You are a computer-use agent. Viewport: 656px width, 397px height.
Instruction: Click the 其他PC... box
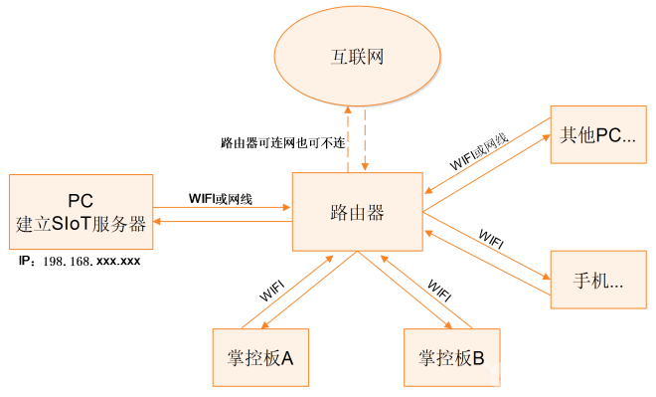(x=598, y=135)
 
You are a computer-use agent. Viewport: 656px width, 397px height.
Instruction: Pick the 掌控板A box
(x=260, y=356)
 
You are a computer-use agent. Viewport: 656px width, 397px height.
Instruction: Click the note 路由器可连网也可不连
(x=282, y=142)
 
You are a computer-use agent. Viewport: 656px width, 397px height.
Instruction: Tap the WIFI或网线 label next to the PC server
(x=221, y=199)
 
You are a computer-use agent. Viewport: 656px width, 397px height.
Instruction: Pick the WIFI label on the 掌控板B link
(x=438, y=290)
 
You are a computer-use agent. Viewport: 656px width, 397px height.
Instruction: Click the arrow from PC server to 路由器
(x=221, y=209)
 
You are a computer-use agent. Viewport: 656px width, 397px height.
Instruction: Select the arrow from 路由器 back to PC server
(x=221, y=223)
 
